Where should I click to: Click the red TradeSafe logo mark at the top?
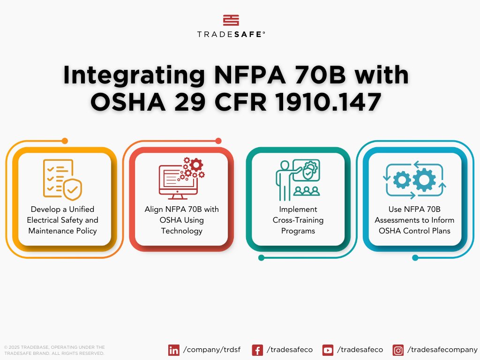pyautogui.click(x=231, y=20)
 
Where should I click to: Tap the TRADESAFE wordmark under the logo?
pyautogui.click(x=231, y=34)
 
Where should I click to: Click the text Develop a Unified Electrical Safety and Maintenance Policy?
pyautogui.click(x=63, y=220)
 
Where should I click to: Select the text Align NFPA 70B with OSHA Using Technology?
pyautogui.click(x=181, y=220)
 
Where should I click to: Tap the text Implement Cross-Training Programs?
pyautogui.click(x=298, y=220)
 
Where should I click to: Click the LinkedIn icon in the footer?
pyautogui.click(x=174, y=350)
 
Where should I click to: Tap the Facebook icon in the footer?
pyautogui.click(x=257, y=350)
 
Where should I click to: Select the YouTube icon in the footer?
pyautogui.click(x=328, y=350)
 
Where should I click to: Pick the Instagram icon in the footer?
pyautogui.click(x=398, y=350)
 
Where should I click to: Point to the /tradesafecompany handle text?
pyautogui.click(x=442, y=350)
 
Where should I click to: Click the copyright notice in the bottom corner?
pyautogui.click(x=54, y=350)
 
